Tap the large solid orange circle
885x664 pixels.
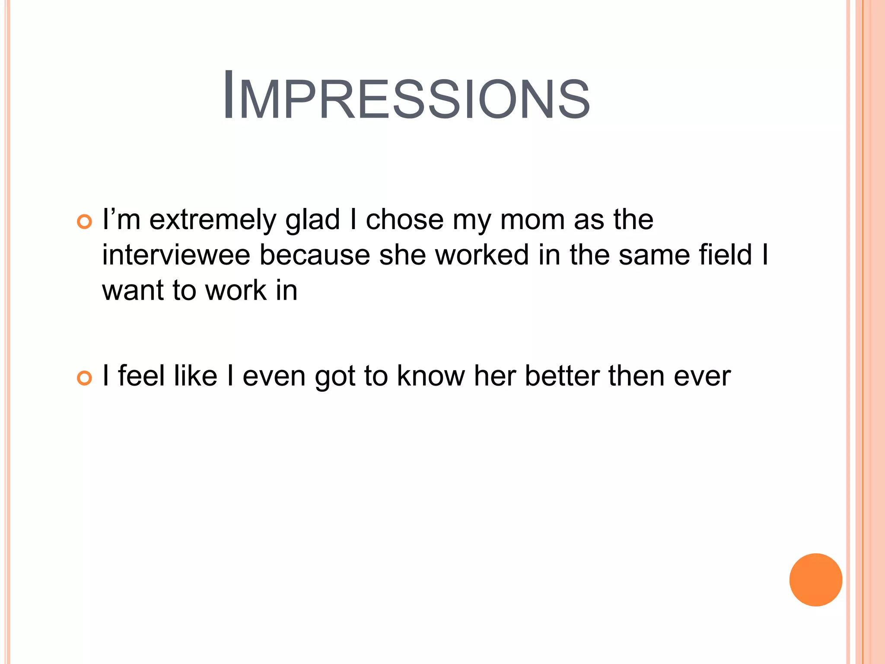coord(815,580)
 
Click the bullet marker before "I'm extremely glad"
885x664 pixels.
coord(84,222)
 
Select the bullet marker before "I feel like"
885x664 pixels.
coord(84,378)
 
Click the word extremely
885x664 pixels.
coord(212,220)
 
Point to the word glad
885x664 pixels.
coord(312,220)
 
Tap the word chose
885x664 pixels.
coord(404,220)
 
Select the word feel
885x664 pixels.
coord(141,376)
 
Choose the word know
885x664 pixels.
coord(430,376)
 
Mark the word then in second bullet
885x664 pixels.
coord(636,376)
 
